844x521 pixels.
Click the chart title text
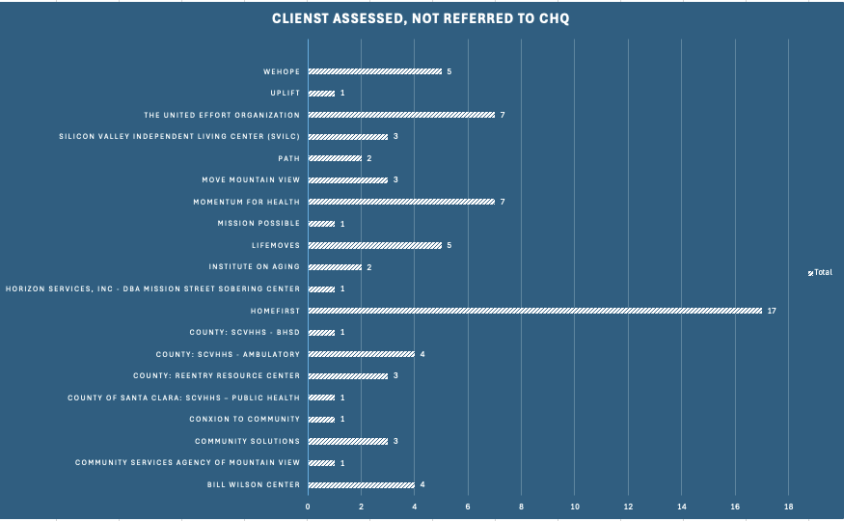[x=421, y=19]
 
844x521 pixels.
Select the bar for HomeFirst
[x=534, y=311]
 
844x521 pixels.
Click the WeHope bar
[x=374, y=71]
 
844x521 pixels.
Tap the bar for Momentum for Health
[x=401, y=202]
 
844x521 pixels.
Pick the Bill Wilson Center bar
[x=361, y=484]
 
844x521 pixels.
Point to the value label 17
[x=772, y=311]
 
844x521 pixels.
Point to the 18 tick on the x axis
[x=788, y=507]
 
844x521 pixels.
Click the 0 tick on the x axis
[x=308, y=507]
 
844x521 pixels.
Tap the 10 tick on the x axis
[x=575, y=507]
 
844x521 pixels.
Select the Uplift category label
[x=286, y=94]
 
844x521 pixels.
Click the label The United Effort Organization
[x=222, y=115]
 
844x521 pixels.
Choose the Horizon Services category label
[x=152, y=288]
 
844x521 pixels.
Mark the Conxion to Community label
[x=245, y=419]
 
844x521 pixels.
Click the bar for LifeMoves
[x=374, y=245]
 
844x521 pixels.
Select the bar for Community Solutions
[x=347, y=441]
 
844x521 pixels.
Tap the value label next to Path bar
[x=368, y=158]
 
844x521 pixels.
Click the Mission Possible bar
[x=321, y=224]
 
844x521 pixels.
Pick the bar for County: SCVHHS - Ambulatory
[x=361, y=354]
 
